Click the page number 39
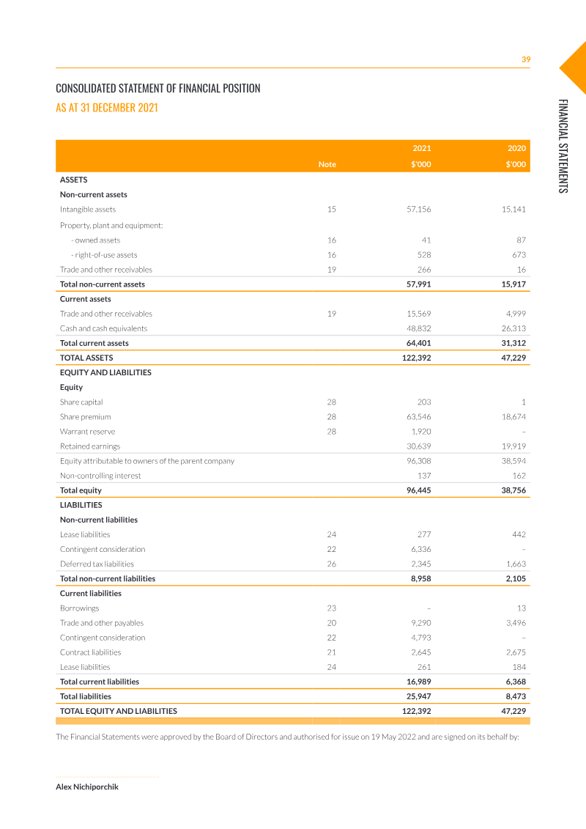click(525, 59)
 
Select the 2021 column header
click(422, 148)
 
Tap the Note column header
click(327, 164)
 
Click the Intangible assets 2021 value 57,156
click(419, 210)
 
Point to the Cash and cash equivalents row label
click(103, 328)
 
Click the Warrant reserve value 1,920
click(421, 432)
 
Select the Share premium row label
click(86, 417)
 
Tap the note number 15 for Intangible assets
click(331, 210)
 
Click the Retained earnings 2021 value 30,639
click(419, 446)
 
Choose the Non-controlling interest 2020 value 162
click(517, 476)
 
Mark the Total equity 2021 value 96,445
click(419, 490)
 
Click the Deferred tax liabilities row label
click(97, 564)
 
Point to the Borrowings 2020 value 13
click(521, 608)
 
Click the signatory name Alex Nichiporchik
click(87, 786)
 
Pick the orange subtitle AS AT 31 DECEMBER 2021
click(107, 108)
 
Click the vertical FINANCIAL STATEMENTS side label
click(562, 146)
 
